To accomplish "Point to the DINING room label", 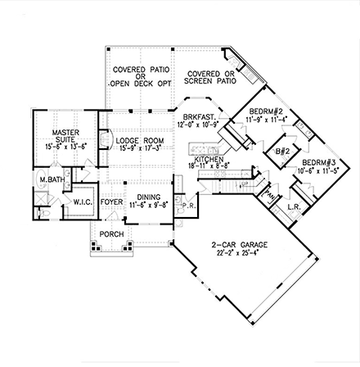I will (x=148, y=197).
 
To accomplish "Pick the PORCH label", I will (x=111, y=235).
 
